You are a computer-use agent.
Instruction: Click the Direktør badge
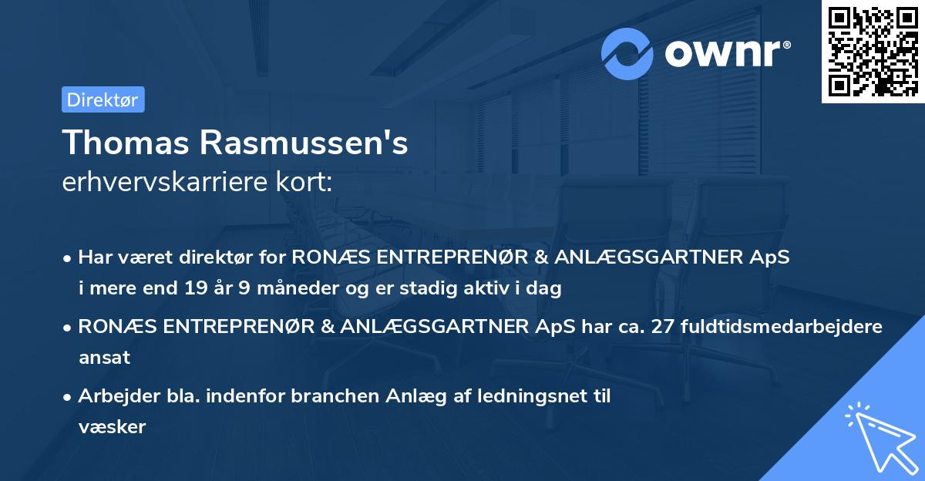click(x=103, y=99)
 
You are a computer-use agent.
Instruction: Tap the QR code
click(x=872, y=51)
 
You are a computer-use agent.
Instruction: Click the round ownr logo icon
click(x=627, y=53)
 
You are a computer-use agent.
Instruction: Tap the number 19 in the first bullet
click(x=193, y=289)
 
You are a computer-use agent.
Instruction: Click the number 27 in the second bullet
click(x=663, y=326)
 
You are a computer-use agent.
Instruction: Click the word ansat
click(x=104, y=358)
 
